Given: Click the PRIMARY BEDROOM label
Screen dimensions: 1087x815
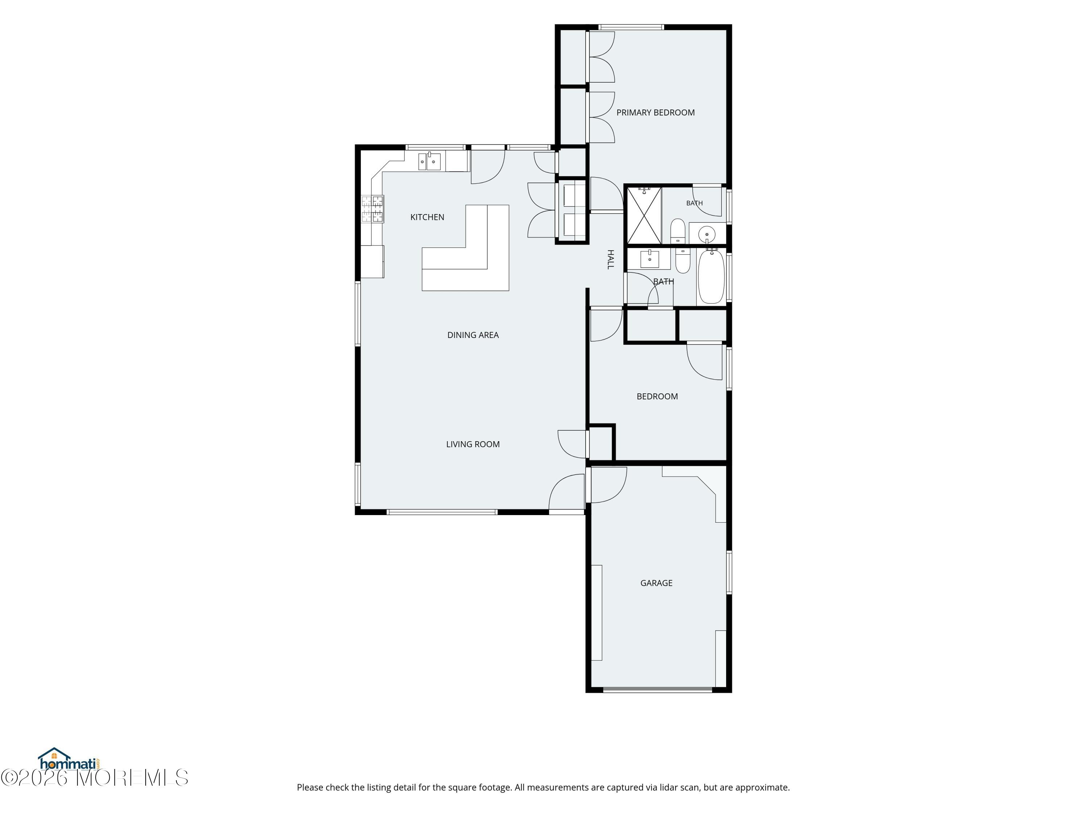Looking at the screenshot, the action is (655, 113).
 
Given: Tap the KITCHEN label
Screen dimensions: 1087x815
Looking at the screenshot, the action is (427, 217).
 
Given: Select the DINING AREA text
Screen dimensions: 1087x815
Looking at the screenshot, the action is (473, 335).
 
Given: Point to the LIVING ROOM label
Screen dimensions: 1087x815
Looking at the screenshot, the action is (473, 444).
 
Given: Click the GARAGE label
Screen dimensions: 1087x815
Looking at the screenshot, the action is (656, 583).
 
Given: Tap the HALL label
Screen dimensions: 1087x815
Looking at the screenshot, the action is (610, 259).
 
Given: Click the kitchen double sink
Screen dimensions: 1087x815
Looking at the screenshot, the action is (429, 161).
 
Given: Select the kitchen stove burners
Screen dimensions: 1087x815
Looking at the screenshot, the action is (372, 209).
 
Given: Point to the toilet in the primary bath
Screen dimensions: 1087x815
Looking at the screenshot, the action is (678, 230).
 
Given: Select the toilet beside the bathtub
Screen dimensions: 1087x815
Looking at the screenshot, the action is (683, 261).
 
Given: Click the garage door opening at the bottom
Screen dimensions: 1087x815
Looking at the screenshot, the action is (658, 690).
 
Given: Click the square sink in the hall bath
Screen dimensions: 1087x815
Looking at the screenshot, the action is (650, 258).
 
